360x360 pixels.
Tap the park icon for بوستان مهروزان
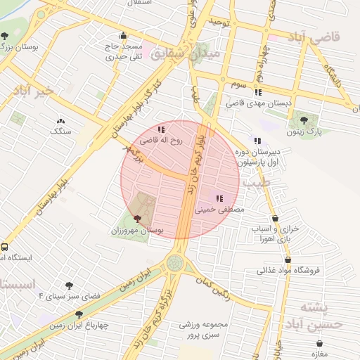point(136,219)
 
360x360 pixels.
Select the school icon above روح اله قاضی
point(161,129)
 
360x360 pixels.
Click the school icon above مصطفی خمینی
point(220,198)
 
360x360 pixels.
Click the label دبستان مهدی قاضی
point(258,103)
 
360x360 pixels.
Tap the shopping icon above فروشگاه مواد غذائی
point(288,259)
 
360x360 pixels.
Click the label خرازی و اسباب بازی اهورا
point(275,234)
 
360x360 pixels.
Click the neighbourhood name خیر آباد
point(32,91)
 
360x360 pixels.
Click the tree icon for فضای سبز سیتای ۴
point(69,285)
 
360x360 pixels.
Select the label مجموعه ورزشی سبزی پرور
point(205,330)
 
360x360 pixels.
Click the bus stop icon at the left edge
point(4,247)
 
